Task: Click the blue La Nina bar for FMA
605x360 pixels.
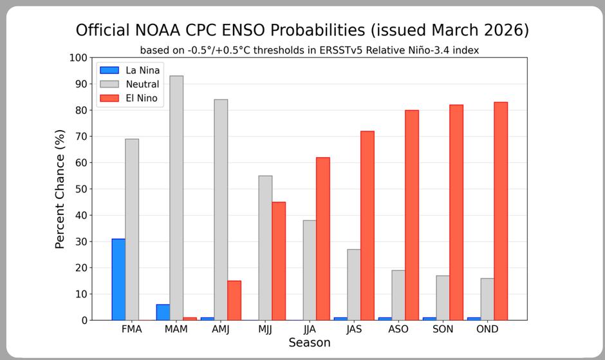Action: point(118,279)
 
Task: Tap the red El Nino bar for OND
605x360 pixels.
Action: point(501,211)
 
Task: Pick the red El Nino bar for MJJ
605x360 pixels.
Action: point(279,261)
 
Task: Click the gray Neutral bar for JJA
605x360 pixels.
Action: point(310,270)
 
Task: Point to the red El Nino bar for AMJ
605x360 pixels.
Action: point(234,300)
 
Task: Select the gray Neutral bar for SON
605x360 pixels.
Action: point(443,298)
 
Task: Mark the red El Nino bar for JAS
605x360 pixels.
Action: point(368,225)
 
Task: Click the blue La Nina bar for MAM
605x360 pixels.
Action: point(163,312)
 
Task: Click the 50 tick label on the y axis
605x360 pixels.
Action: point(81,189)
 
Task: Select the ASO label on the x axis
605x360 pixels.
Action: point(398,329)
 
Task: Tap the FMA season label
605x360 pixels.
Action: point(132,329)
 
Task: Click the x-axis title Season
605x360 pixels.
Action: point(309,343)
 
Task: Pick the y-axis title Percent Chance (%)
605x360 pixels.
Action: point(60,188)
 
